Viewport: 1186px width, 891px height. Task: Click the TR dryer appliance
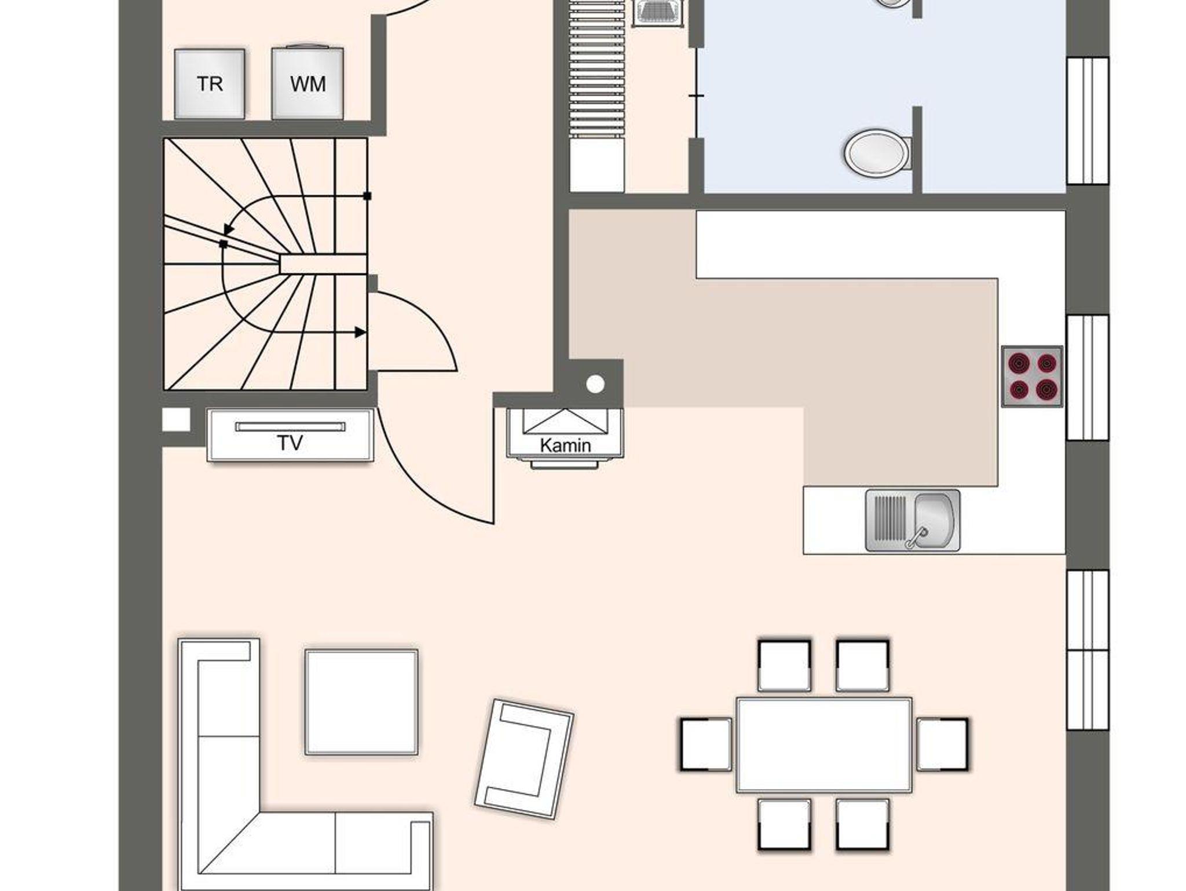click(209, 84)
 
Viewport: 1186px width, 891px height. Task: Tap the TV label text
click(290, 443)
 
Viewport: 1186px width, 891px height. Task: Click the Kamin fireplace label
click(565, 445)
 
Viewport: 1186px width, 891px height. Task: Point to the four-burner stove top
click(1032, 377)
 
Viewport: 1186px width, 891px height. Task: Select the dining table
click(823, 745)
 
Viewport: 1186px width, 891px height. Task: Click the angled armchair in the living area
click(524, 759)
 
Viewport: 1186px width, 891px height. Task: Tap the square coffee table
click(361, 702)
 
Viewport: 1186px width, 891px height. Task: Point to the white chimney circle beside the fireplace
click(595, 384)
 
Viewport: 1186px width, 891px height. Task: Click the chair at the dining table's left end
click(706, 744)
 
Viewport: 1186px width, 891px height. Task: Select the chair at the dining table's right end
click(942, 744)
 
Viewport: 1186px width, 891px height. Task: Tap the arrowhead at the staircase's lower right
click(360, 333)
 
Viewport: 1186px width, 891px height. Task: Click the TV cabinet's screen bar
click(290, 427)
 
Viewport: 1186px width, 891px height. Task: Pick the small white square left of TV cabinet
click(176, 420)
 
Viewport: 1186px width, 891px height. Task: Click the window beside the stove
click(1088, 378)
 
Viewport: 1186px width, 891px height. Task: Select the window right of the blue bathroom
click(1088, 120)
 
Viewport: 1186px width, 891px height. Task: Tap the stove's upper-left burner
click(1017, 363)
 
